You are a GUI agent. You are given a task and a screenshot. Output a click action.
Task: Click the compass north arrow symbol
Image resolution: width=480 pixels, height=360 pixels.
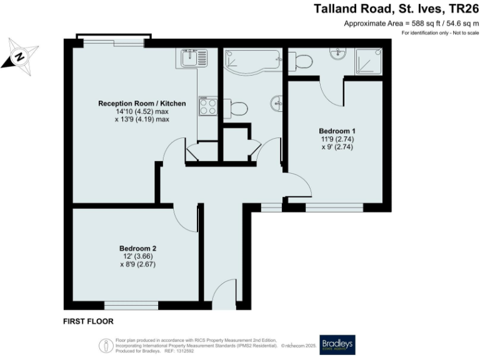coord(19,57)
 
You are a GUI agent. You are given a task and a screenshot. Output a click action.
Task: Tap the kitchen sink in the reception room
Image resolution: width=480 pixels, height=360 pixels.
coord(192,59)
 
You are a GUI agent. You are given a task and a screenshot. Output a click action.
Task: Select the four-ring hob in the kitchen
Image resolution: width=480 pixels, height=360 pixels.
coord(207,106)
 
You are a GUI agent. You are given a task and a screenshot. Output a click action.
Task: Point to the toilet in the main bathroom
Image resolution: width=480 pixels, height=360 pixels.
coord(237,107)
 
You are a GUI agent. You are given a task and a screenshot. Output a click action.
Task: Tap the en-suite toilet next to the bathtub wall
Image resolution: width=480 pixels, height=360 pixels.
coord(302,61)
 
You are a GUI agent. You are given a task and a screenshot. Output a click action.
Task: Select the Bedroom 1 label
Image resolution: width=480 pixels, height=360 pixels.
coord(333,131)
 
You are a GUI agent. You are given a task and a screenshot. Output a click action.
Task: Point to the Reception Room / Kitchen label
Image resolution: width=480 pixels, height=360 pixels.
coord(134,102)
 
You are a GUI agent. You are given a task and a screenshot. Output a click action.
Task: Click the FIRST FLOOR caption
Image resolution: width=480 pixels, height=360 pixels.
coord(88,322)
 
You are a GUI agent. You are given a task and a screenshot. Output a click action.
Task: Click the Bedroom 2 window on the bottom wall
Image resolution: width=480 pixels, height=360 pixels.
coord(131,305)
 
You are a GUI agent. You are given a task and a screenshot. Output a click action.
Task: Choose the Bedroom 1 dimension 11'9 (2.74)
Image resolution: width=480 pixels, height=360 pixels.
coord(333,140)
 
